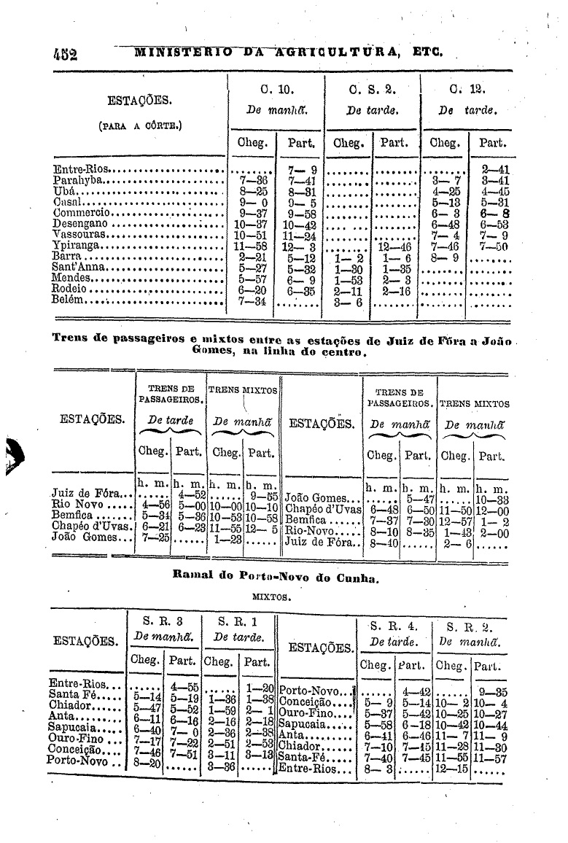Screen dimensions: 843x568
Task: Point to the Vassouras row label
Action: pos(81,235)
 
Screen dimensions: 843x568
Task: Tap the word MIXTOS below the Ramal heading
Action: pos(271,596)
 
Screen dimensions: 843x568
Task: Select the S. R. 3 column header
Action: pos(163,621)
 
